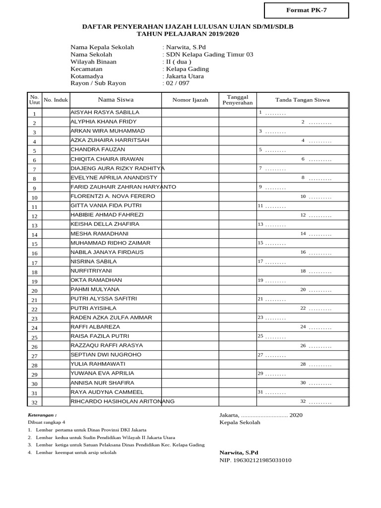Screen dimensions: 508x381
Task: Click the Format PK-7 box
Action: [306, 10]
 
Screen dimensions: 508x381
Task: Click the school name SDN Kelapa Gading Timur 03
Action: [209, 55]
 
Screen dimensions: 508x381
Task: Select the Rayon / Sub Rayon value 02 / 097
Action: [178, 83]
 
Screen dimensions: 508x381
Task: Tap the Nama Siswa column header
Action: [116, 100]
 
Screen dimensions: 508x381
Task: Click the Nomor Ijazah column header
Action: [190, 100]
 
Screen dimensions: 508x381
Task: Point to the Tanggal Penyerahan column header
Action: [238, 100]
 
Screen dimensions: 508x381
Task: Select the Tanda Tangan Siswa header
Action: [302, 100]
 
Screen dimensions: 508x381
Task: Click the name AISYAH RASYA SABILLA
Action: [105, 113]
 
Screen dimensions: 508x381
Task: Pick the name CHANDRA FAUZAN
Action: [98, 149]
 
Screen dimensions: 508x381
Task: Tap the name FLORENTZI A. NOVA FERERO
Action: [113, 196]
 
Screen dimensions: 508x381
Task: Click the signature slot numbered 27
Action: [271, 355]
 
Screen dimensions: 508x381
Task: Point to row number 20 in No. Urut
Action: [34, 291]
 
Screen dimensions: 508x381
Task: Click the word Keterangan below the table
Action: [42, 415]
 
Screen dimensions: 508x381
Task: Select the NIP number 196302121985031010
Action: [255, 460]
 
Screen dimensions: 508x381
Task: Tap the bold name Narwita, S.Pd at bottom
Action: [239, 452]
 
